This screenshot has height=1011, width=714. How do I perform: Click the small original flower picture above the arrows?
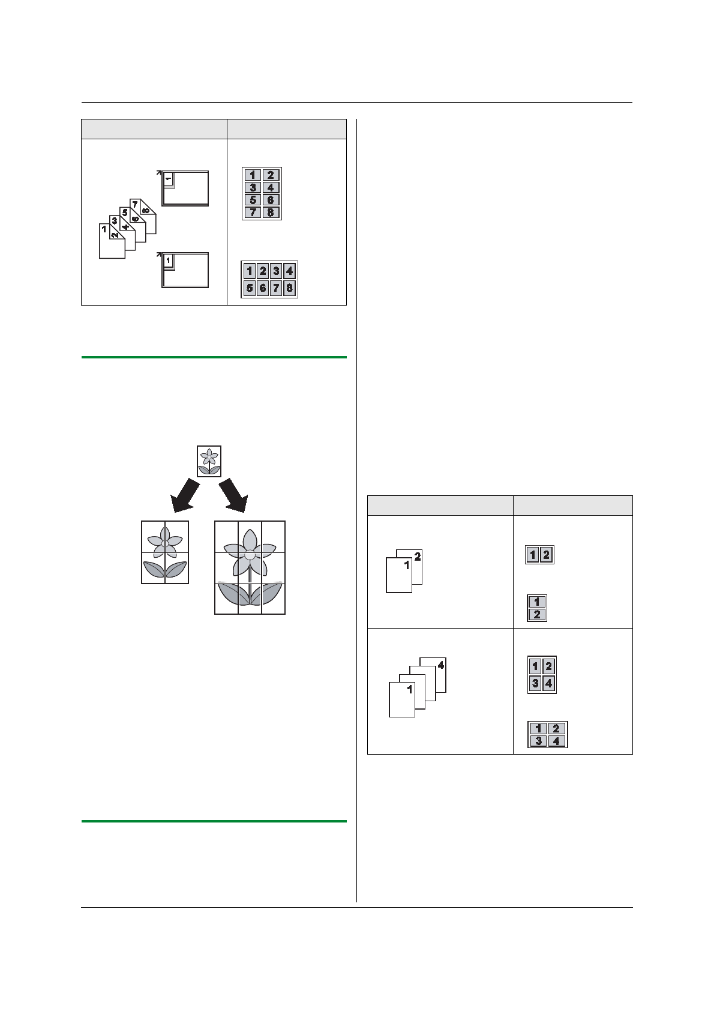pos(209,461)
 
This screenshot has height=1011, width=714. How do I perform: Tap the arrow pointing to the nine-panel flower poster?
pos(233,495)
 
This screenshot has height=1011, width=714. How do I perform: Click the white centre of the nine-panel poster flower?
pos(250,555)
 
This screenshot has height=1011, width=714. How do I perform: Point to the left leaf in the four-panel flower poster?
pos(154,569)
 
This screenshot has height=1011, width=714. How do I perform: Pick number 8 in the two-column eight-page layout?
pos(271,213)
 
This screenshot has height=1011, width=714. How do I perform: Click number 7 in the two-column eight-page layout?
pos(253,213)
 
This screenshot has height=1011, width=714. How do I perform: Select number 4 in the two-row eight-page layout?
pos(289,271)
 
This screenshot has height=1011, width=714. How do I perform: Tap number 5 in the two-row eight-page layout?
pos(250,288)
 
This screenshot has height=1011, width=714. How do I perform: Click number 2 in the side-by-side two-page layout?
pos(546,555)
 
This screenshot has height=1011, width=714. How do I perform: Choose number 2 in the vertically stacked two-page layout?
pos(537,614)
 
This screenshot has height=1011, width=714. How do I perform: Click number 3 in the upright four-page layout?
pos(535,683)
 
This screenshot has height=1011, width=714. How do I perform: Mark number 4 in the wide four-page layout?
pos(556,741)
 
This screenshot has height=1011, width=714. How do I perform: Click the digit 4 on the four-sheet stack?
pos(441,665)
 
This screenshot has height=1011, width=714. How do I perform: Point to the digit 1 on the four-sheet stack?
pos(410,689)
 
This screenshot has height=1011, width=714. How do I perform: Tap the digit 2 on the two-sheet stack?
pos(418,557)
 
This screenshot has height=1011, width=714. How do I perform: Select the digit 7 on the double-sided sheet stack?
pos(135,204)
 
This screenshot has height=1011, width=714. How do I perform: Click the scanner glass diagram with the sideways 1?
pos(185,189)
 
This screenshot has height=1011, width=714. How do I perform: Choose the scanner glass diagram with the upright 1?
pos(185,270)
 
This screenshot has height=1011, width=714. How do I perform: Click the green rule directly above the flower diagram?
pos(214,357)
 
